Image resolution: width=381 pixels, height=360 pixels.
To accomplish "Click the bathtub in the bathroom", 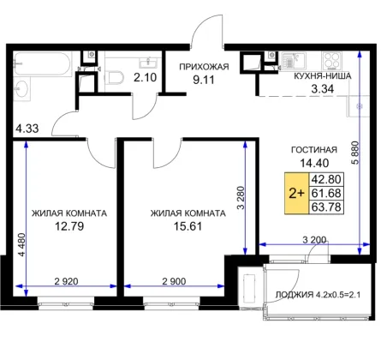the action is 42,64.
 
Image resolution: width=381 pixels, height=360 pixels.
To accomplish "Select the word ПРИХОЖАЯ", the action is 204,67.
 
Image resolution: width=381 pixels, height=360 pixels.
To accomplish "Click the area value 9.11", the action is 204,80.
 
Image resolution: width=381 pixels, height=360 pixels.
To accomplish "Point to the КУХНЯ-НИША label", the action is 323,76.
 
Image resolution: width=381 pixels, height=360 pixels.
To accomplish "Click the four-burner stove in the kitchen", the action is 331,61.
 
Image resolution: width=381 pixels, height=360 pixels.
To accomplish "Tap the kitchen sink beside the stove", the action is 293,60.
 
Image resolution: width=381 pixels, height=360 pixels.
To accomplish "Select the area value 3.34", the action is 322,89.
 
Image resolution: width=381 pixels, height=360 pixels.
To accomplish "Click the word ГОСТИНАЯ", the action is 314,150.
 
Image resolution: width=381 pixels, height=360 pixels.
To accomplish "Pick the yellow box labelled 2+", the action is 297,193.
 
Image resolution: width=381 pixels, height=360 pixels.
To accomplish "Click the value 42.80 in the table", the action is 326,179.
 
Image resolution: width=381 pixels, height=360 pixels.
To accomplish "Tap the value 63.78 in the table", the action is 326,207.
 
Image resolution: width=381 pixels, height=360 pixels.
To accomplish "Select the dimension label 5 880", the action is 355,153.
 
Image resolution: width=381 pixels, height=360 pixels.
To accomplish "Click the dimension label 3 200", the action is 314,240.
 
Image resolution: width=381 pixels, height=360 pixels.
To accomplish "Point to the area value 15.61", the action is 188,226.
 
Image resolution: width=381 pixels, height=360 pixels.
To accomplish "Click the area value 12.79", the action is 69,226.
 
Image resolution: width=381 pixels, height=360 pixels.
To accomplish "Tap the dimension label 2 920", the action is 66,281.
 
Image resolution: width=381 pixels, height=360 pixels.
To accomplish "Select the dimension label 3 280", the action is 241,198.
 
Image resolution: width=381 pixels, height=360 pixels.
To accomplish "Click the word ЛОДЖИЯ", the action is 294,295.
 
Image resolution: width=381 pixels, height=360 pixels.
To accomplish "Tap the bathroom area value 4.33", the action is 27,129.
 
